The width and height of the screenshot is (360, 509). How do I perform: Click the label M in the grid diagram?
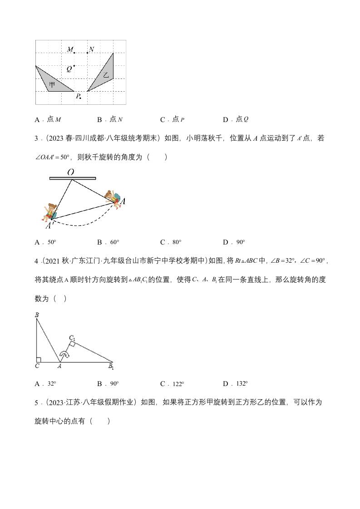point(70,49)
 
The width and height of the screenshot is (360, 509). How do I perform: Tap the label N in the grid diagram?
point(92,49)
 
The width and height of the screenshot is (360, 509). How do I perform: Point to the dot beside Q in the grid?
point(74,66)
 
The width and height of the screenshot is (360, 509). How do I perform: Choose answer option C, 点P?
point(173,119)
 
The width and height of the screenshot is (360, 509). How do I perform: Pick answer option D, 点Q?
point(236,119)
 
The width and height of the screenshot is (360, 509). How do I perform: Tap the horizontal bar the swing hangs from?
point(73,178)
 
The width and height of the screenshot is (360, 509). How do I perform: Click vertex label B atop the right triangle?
point(36,314)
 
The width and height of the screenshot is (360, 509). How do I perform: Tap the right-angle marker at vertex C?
point(39,360)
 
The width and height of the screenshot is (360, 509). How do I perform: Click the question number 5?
point(36,402)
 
